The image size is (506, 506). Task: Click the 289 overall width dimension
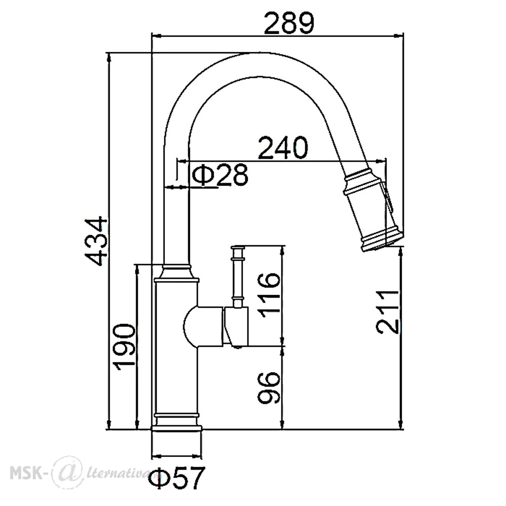point(288,23)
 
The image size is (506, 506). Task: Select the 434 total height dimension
point(96,242)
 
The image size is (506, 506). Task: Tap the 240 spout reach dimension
point(283,148)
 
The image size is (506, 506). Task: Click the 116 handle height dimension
point(268,295)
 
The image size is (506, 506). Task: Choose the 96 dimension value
point(268,387)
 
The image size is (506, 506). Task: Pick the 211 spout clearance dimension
point(387,312)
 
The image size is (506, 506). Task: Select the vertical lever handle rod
point(237,277)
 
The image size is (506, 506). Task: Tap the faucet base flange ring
point(177,428)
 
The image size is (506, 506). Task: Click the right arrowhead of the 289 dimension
point(400,35)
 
